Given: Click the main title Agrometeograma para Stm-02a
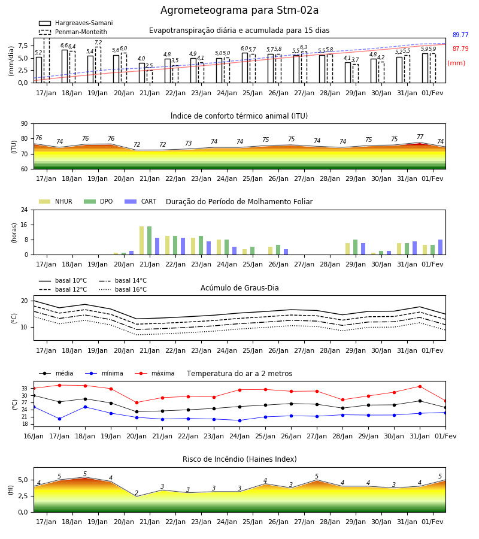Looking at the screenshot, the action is click(239, 10).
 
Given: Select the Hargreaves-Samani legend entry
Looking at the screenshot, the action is click(75, 23).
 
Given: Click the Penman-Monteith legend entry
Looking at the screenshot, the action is click(73, 32).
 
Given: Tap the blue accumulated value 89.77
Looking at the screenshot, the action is click(460, 35).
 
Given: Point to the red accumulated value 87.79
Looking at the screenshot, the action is click(460, 49).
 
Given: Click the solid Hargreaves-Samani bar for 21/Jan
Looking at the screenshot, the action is click(142, 73).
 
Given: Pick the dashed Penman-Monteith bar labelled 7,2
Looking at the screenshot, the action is click(98, 65).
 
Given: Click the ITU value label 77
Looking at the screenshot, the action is click(420, 137).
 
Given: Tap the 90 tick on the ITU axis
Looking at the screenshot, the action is click(25, 124).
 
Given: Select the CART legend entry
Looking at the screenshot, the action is click(141, 201).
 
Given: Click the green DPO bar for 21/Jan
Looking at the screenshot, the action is click(150, 241).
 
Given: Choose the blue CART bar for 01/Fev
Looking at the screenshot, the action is click(441, 247).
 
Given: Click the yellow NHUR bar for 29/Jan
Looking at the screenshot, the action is click(348, 249).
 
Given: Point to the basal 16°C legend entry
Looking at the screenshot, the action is click(123, 289).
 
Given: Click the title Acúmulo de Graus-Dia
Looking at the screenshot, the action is click(239, 287).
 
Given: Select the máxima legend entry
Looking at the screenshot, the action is click(155, 373).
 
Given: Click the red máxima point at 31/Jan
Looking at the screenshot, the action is click(420, 386).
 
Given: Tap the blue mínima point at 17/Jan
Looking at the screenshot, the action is click(59, 419).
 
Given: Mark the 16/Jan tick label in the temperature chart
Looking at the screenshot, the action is click(34, 436).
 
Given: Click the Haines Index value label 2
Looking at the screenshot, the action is click(137, 493).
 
